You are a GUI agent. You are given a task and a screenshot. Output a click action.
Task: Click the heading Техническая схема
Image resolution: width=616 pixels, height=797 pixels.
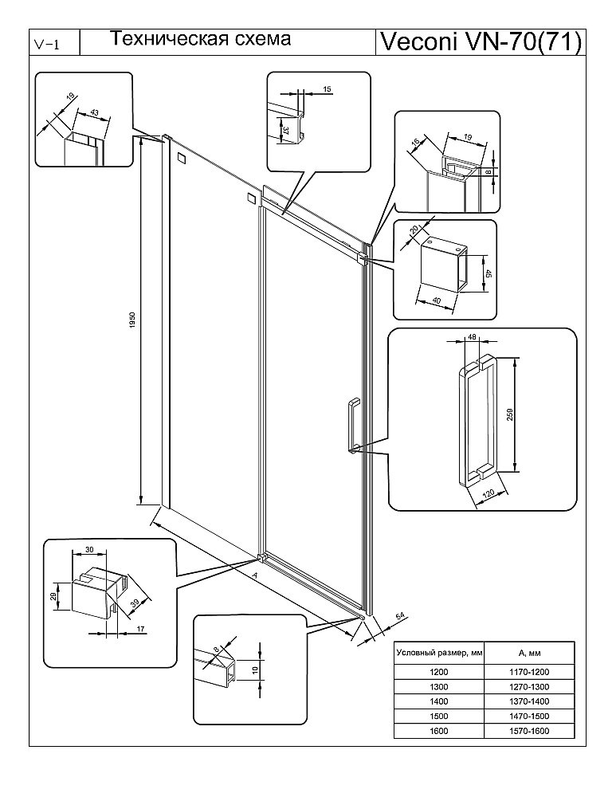[199, 38]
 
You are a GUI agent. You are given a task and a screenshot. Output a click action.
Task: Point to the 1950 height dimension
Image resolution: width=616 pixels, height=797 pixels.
[135, 323]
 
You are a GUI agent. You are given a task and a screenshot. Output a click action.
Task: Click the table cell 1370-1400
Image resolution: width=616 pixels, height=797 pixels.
[530, 701]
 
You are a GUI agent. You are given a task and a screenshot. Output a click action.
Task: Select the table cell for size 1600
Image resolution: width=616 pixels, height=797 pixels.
[438, 731]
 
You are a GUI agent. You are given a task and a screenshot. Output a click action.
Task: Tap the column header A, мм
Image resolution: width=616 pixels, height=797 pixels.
[530, 651]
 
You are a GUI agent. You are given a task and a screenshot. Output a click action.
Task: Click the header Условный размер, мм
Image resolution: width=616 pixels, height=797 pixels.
[438, 651]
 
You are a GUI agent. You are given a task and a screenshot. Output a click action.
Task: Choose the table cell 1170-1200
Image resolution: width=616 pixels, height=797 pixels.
[530, 672]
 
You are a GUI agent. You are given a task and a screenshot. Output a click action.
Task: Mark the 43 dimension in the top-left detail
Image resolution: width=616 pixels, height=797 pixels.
[94, 112]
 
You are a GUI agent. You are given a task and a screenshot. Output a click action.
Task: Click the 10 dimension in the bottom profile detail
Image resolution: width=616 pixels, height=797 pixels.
[256, 670]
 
